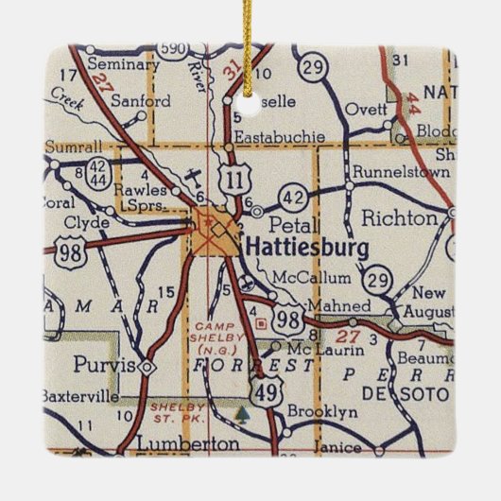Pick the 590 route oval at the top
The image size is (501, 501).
173,48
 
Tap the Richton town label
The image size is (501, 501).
401,218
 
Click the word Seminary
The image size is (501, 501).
123,64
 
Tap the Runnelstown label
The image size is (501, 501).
391,173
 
